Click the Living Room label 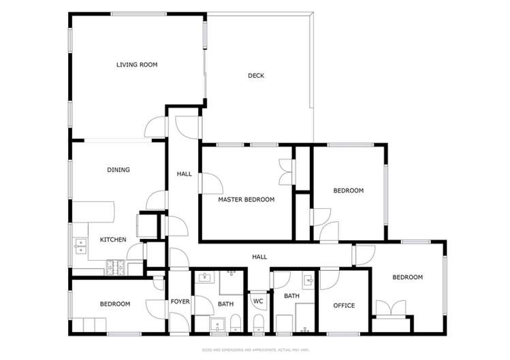pyautogui.click(x=137, y=65)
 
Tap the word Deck pyautogui.click(x=255, y=76)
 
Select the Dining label pyautogui.click(x=118, y=169)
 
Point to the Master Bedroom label pyautogui.click(x=246, y=199)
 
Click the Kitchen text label pyautogui.click(x=113, y=240)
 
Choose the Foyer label pyautogui.click(x=180, y=301)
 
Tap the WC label pyautogui.click(x=258, y=301)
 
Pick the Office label pyautogui.click(x=344, y=306)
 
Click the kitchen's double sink pyautogui.click(x=80, y=246)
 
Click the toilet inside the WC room pyautogui.click(x=258, y=322)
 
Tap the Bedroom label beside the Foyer pyautogui.click(x=115, y=304)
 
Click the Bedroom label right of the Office pyautogui.click(x=407, y=277)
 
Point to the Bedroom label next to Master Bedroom pyautogui.click(x=348, y=191)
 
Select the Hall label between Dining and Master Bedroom pyautogui.click(x=184, y=174)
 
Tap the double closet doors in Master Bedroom pyautogui.click(x=285, y=171)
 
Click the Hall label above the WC pyautogui.click(x=259, y=257)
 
